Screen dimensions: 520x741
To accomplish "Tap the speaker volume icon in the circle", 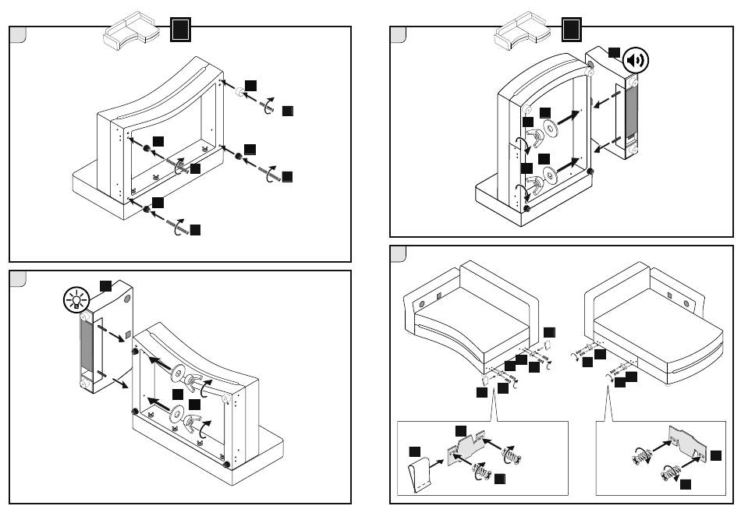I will [x=636, y=62].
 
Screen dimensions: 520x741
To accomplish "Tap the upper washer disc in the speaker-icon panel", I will [x=551, y=128].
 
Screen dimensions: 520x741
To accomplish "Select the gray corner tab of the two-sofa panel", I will [x=398, y=254].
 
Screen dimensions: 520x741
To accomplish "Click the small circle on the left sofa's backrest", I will [x=421, y=302].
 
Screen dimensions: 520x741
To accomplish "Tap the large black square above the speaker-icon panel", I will [x=571, y=30].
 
